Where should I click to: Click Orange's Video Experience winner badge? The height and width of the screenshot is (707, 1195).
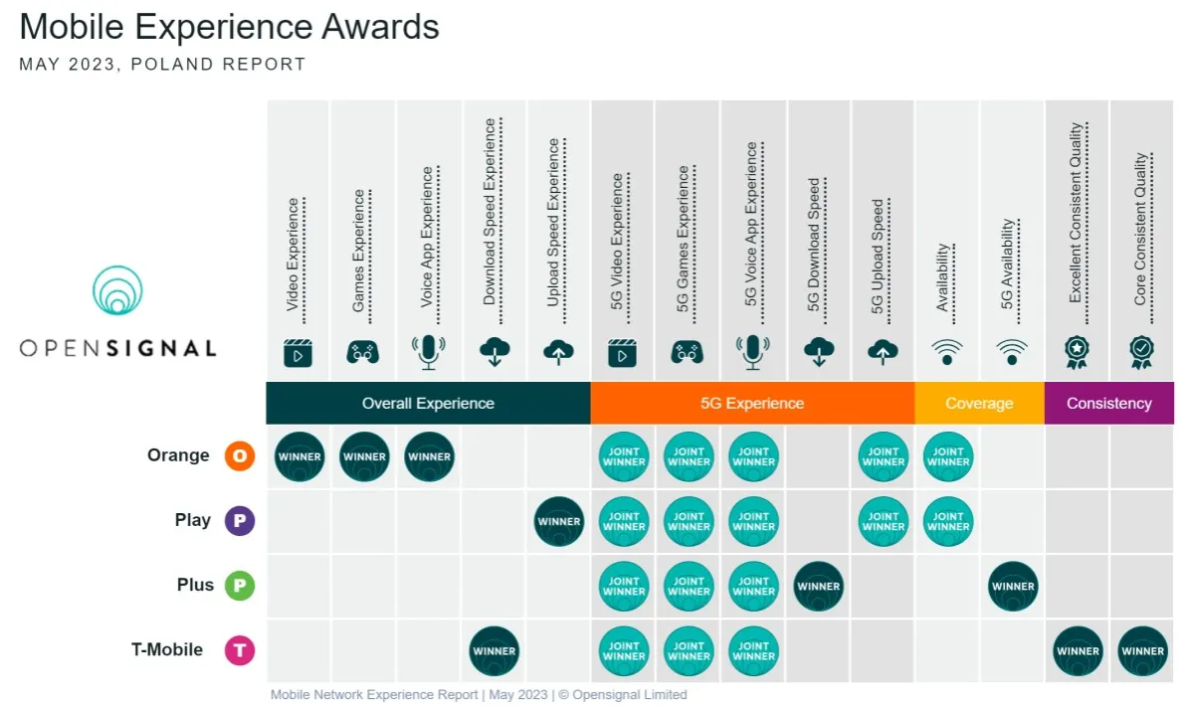[299, 457]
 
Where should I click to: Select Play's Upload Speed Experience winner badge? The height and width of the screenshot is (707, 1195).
[559, 522]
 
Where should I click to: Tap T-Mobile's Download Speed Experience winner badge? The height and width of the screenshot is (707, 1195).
[495, 651]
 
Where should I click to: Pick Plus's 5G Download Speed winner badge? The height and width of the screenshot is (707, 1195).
[819, 587]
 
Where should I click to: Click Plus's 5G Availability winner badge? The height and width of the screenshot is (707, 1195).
[1013, 587]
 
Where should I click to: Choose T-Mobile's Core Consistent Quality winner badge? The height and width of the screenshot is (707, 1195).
[1142, 651]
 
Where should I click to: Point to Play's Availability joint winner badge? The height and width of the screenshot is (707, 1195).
[948, 522]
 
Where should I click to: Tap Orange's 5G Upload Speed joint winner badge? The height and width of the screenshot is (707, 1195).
[884, 457]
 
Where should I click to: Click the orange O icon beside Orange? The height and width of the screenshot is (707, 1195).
[240, 456]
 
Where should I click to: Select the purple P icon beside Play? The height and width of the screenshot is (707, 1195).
[240, 521]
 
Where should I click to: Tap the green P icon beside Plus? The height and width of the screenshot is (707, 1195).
[240, 586]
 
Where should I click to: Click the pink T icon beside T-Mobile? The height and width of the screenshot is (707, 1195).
[240, 651]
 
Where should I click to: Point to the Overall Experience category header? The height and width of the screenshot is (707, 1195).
[428, 404]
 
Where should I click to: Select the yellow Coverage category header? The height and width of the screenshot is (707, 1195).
[979, 404]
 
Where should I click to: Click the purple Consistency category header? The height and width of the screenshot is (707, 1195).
[1108, 404]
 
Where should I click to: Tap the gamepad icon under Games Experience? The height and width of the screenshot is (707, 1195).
[362, 351]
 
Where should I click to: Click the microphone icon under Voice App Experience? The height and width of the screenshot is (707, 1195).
[429, 351]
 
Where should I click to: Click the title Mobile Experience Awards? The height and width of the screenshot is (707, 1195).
[229, 27]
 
